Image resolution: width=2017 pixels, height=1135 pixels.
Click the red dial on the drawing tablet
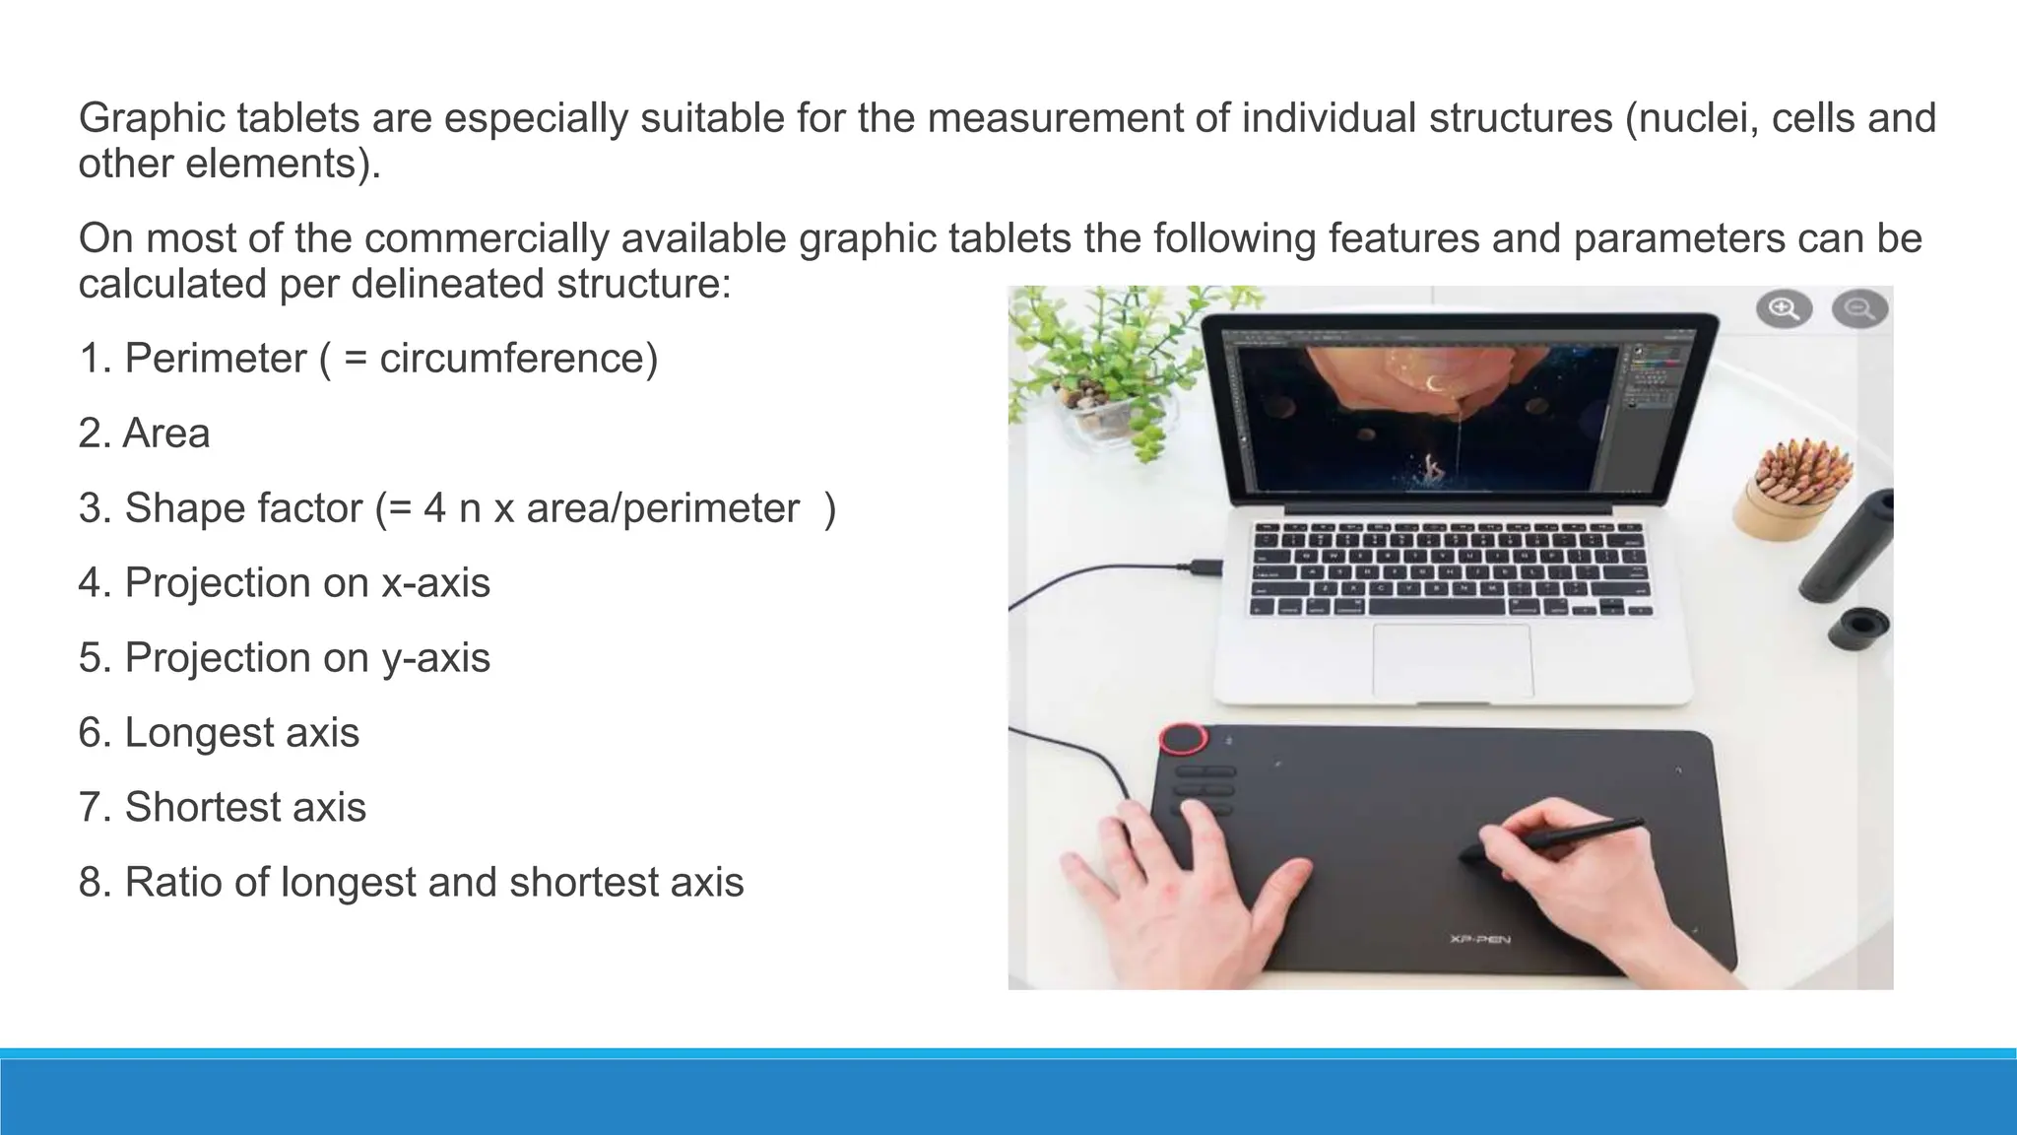1183,739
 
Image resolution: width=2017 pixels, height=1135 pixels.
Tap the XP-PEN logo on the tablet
1479,938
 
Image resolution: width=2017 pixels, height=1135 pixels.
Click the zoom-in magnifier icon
1784,309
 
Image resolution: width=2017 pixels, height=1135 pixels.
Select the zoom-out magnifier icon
1859,309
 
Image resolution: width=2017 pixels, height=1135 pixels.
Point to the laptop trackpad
1453,660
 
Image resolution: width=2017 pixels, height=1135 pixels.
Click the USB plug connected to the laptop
1204,567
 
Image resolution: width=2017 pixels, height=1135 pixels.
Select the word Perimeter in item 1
216,359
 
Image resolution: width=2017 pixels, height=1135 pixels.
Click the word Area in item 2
166,434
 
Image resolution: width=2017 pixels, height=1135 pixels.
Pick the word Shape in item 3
174,508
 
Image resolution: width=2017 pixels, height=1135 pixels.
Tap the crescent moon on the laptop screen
1434,383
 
